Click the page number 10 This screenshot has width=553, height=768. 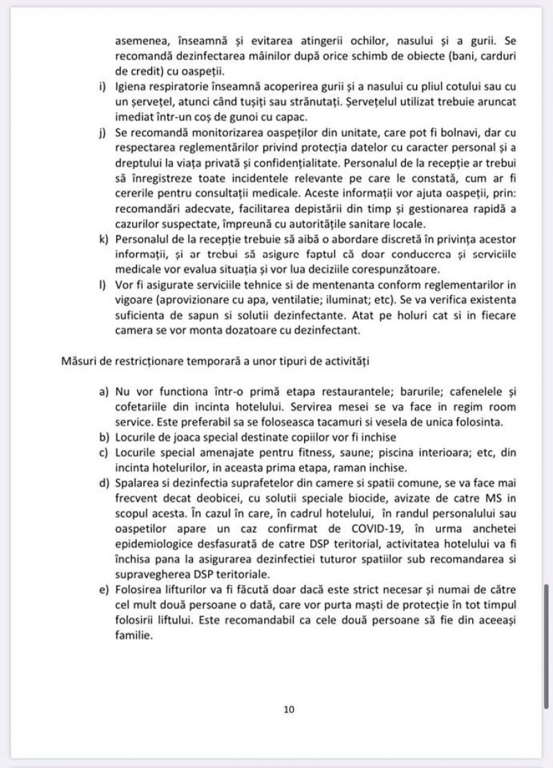(289, 709)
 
